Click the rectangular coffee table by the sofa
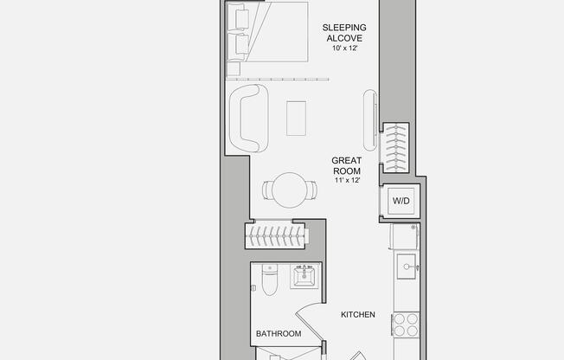tap(297, 118)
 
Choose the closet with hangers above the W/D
tap(395, 145)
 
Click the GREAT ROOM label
tap(346, 165)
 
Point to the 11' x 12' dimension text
tap(346, 180)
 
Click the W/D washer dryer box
tap(401, 201)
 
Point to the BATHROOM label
tap(279, 333)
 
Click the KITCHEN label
tap(357, 314)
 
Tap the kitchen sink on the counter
tap(407, 267)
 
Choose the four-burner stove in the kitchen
tap(406, 325)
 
